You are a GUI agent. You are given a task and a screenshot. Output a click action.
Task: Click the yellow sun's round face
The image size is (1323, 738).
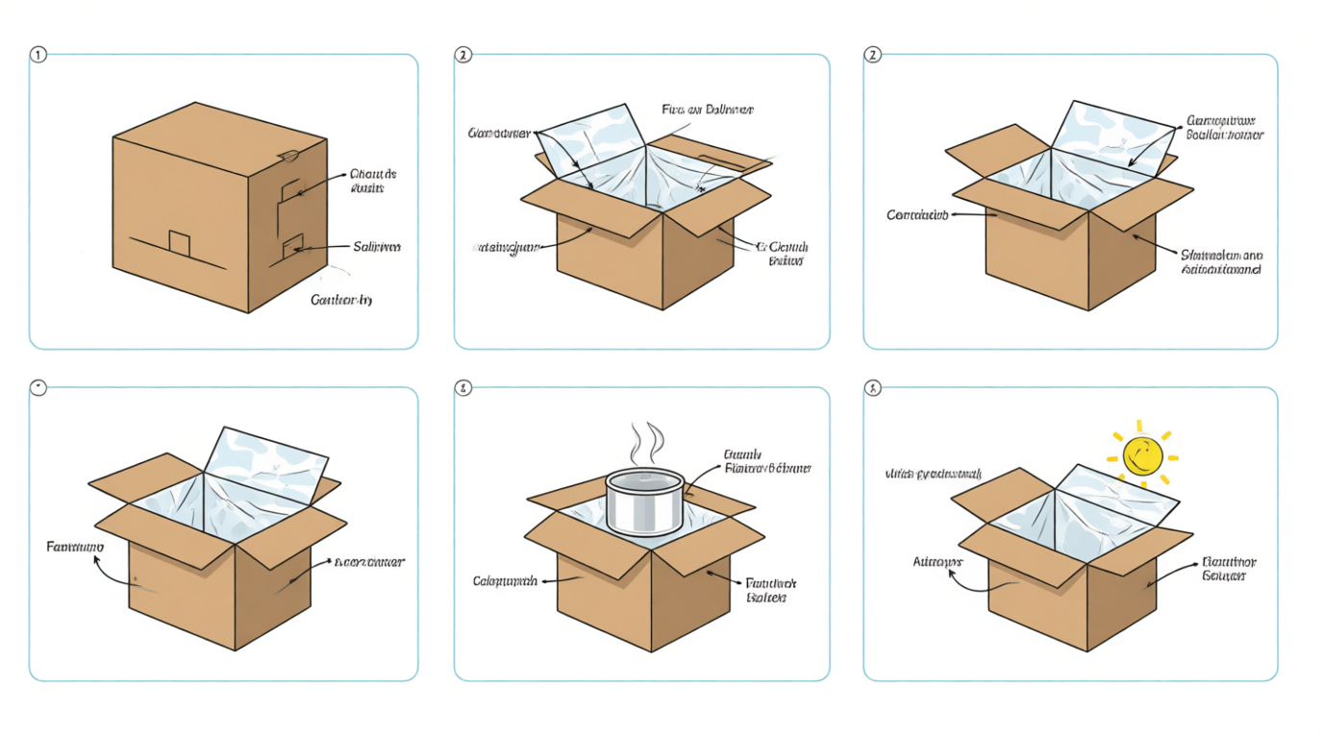coord(1142,455)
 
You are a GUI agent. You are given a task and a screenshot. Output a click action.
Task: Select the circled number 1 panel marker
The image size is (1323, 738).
coord(38,55)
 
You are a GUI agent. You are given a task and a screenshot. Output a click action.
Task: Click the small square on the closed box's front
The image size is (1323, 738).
coord(180,243)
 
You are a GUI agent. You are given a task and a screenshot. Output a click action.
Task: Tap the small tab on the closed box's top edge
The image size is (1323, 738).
coord(287,155)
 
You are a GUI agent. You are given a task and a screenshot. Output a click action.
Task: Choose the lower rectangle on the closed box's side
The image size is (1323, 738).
coord(292,248)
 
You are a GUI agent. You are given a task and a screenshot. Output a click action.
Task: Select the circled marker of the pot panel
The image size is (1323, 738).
coord(463,388)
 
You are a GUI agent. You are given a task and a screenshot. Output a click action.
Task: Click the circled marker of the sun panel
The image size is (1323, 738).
coord(873,388)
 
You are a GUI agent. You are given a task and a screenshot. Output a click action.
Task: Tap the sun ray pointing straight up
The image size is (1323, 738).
coord(1139,425)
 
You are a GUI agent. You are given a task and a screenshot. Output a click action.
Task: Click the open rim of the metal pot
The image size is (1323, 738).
coord(644,477)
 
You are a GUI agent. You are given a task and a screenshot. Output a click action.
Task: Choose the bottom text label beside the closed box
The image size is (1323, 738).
coord(340,301)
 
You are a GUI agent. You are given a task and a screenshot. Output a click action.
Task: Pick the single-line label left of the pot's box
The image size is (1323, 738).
coord(504,581)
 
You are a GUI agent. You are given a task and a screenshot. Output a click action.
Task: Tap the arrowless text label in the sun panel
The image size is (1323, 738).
coord(933,475)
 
